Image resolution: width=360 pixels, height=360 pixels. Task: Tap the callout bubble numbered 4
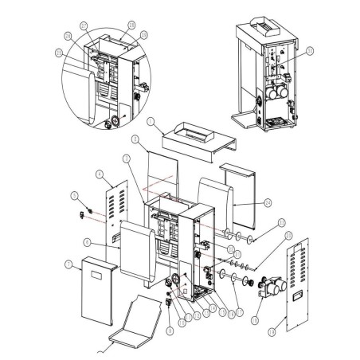(98, 174)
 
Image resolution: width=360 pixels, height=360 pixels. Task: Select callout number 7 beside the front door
(69, 264)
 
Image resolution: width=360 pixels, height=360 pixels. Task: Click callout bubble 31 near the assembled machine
(310, 50)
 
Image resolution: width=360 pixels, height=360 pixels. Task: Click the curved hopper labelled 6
(139, 251)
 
